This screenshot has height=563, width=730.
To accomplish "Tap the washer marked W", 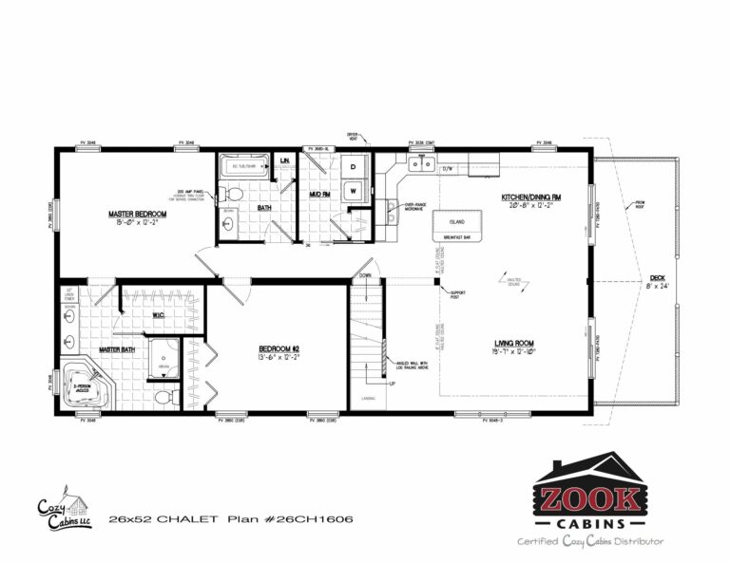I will [x=353, y=190].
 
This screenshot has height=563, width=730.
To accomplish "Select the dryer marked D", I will [x=353, y=167].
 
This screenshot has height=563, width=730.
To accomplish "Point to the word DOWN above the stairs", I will [x=365, y=275].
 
